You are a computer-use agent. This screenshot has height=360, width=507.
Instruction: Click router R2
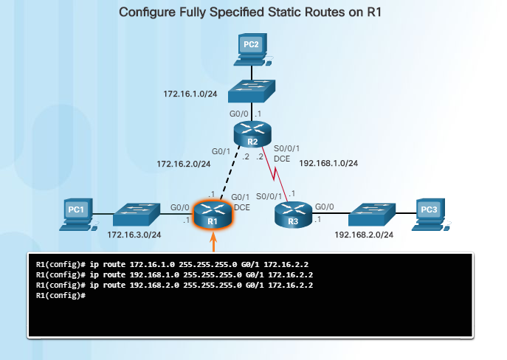click(252, 135)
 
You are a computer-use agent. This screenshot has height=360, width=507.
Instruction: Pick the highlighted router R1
click(212, 215)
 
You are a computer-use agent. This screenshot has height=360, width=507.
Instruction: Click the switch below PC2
click(251, 92)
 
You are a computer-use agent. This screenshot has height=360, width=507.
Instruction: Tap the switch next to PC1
click(136, 215)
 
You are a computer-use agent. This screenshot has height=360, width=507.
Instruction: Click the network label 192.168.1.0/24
click(328, 163)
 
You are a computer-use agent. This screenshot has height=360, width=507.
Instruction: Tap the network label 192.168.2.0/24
click(362, 235)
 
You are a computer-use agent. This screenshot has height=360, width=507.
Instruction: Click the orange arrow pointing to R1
click(213, 241)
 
